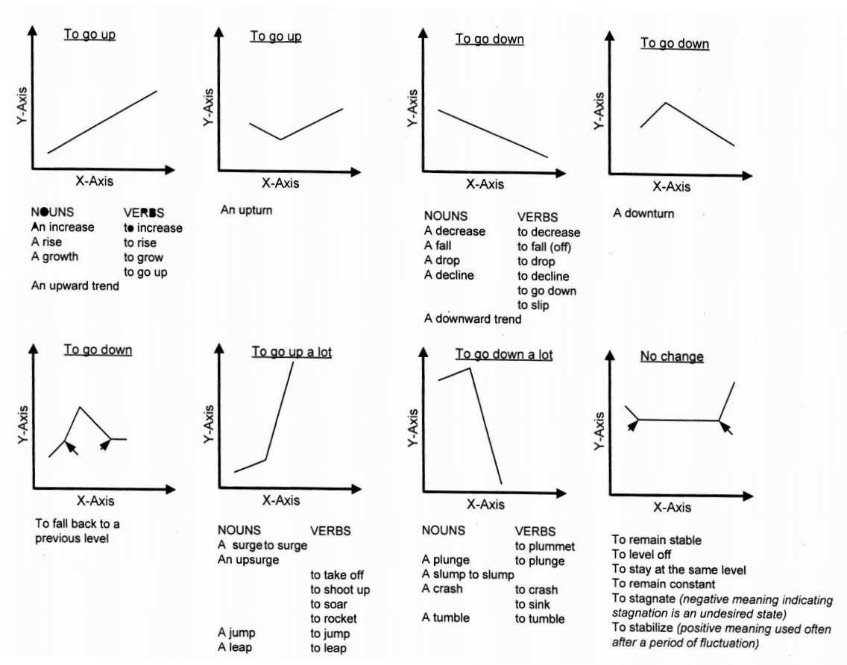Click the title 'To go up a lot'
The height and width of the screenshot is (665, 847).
click(292, 352)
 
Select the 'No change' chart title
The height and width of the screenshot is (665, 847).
click(671, 356)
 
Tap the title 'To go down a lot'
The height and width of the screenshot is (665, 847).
click(504, 355)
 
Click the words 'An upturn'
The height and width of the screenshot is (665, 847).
click(247, 210)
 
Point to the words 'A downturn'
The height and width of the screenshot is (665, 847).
click(643, 214)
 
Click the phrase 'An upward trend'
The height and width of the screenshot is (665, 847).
click(75, 286)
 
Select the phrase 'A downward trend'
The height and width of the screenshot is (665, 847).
click(473, 319)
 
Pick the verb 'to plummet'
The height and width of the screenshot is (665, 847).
click(545, 546)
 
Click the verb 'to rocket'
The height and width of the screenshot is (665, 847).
click(334, 618)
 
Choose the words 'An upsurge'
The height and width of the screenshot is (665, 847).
click(248, 559)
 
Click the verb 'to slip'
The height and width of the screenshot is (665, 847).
click(533, 305)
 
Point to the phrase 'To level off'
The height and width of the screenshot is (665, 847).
click(642, 555)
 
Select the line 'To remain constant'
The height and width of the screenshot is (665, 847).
click(664, 584)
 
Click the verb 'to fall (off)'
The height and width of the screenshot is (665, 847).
click(549, 247)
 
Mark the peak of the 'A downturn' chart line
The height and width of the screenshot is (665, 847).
click(665, 103)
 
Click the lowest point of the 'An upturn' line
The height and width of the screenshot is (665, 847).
click(280, 139)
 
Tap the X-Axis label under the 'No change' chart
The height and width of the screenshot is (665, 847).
click(672, 508)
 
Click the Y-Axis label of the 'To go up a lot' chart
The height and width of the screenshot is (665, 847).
click(210, 425)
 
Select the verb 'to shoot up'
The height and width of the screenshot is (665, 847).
click(340, 590)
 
